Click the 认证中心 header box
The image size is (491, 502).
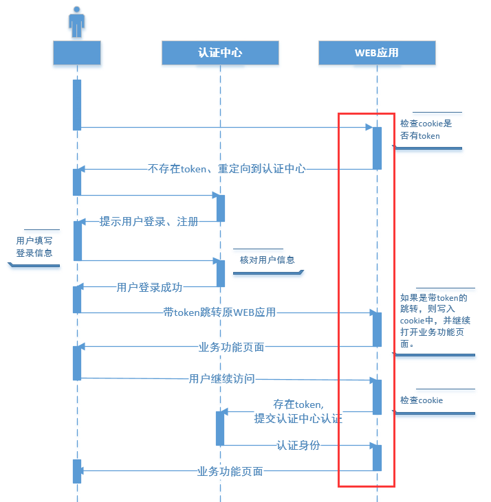pos(220,53)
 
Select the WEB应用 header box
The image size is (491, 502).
pos(377,53)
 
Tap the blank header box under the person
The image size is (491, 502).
pos(77,53)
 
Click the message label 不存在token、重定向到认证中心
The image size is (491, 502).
pos(226,168)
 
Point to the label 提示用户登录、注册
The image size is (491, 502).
pos(149,221)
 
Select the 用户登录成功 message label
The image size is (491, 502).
pos(150,287)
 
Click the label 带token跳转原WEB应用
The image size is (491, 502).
pos(219,312)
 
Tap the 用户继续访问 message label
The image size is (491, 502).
pos(221,378)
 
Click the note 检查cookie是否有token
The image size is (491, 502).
pos(426,130)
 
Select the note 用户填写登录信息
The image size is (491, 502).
pos(34,247)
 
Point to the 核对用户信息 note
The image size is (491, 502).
pos(267,260)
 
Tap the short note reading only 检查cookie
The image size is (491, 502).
pos(422,400)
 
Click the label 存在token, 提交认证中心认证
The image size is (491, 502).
pos(298,411)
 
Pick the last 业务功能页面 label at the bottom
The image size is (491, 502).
pos(230,471)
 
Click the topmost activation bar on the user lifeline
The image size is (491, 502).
pos(77,104)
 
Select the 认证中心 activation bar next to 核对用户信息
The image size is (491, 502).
pos(221,273)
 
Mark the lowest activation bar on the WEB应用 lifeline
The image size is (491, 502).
pos(377,457)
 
